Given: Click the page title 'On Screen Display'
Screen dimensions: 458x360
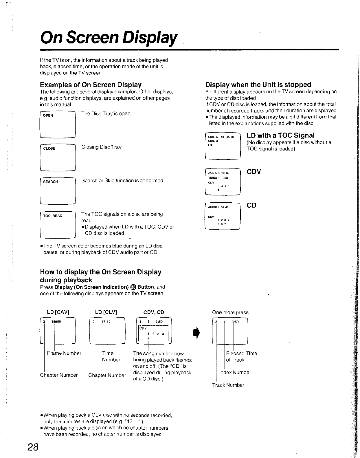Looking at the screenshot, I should tap(109, 38).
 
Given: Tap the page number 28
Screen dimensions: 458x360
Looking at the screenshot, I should tap(33, 447).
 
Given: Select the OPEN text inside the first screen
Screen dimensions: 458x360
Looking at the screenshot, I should tap(48, 116).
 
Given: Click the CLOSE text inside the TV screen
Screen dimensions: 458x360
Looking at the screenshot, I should tap(49, 149).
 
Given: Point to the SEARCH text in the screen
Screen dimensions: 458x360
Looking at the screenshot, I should tap(50, 182).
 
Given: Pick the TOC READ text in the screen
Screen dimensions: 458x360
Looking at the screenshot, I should tap(53, 216).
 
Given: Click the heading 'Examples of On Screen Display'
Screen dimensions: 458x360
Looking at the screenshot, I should tap(91, 85).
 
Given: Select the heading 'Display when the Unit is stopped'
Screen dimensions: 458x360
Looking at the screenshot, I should tap(258, 85).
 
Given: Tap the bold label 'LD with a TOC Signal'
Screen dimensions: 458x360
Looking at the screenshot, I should tap(280, 135).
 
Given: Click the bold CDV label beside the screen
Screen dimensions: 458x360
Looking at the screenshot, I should tap(254, 172).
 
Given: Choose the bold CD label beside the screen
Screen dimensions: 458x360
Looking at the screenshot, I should tap(251, 205).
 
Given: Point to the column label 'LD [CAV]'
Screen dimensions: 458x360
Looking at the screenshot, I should tap(58, 312).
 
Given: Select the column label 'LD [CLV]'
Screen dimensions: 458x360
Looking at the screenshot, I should tap(106, 312).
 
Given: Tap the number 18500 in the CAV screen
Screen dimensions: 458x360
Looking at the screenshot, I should tap(56, 322).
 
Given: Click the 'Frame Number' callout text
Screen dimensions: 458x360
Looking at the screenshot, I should tap(64, 353).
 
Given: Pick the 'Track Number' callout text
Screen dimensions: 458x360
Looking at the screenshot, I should tap(228, 385).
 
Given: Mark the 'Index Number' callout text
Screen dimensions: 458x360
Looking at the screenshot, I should tap(235, 372).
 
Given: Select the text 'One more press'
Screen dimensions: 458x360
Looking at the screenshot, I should tap(230, 312).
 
